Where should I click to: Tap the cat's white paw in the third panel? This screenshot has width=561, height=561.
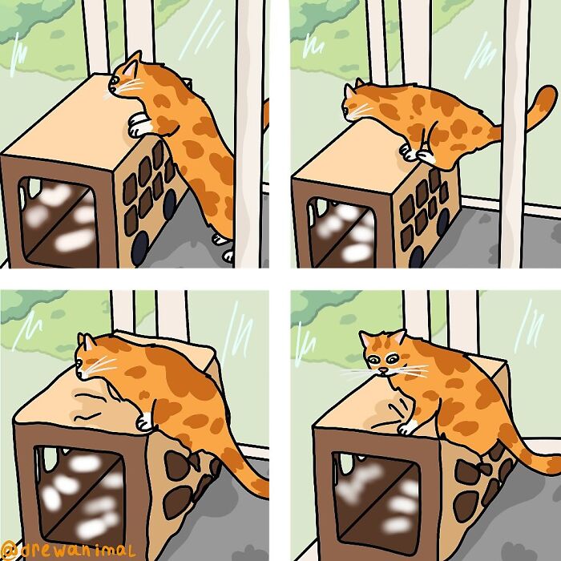pos(144,422)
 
